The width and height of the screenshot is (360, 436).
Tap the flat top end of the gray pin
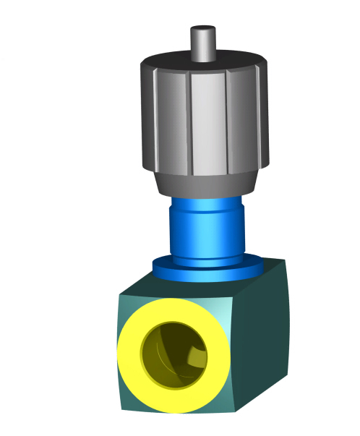click(x=203, y=30)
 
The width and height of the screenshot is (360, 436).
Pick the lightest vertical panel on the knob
click(x=210, y=123)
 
